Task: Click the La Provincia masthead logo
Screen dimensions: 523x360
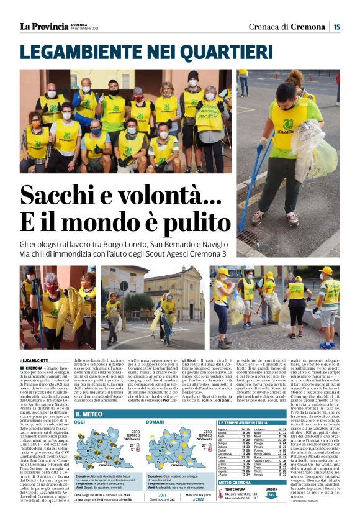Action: [x=44, y=26]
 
